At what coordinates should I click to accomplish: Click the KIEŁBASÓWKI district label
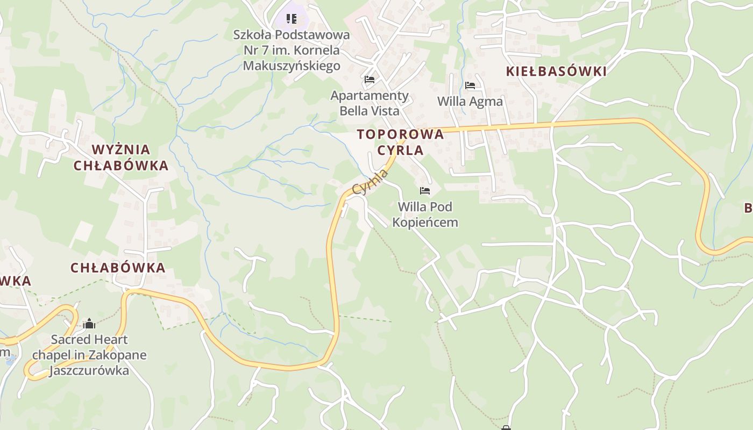[x=556, y=71]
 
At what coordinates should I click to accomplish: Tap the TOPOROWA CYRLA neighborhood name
[x=401, y=142]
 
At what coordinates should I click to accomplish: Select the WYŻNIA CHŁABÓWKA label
[x=121, y=157]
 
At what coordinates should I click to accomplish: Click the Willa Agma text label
[x=470, y=102]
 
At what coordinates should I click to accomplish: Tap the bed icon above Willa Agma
[x=470, y=85]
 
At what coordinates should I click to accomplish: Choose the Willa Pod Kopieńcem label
[x=425, y=214]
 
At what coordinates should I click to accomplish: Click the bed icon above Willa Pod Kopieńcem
[x=425, y=191]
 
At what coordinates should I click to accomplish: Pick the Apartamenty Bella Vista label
[x=370, y=103]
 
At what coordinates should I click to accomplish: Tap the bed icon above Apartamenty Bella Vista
[x=370, y=80]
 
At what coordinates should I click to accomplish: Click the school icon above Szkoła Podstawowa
[x=292, y=19]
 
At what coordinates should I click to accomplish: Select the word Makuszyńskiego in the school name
[x=292, y=66]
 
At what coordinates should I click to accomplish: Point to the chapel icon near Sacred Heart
[x=89, y=324]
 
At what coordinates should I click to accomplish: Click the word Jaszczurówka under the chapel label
[x=89, y=371]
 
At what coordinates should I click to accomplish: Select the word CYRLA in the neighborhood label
[x=401, y=150]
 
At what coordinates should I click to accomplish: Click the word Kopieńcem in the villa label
[x=425, y=223]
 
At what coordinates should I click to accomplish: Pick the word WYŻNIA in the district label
[x=121, y=149]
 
